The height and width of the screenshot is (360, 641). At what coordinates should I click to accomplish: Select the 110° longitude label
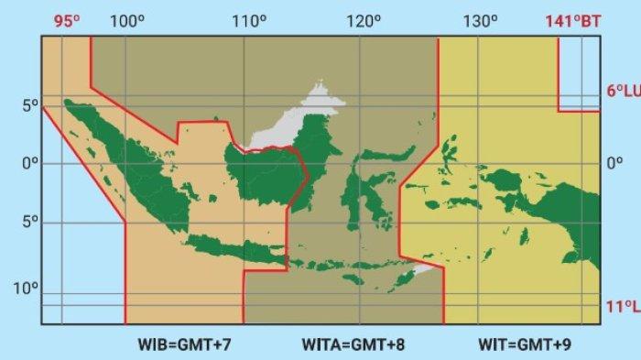coord(248,20)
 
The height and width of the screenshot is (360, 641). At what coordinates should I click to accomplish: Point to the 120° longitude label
coord(364,20)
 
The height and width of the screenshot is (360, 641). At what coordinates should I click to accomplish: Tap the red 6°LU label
coord(622,92)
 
